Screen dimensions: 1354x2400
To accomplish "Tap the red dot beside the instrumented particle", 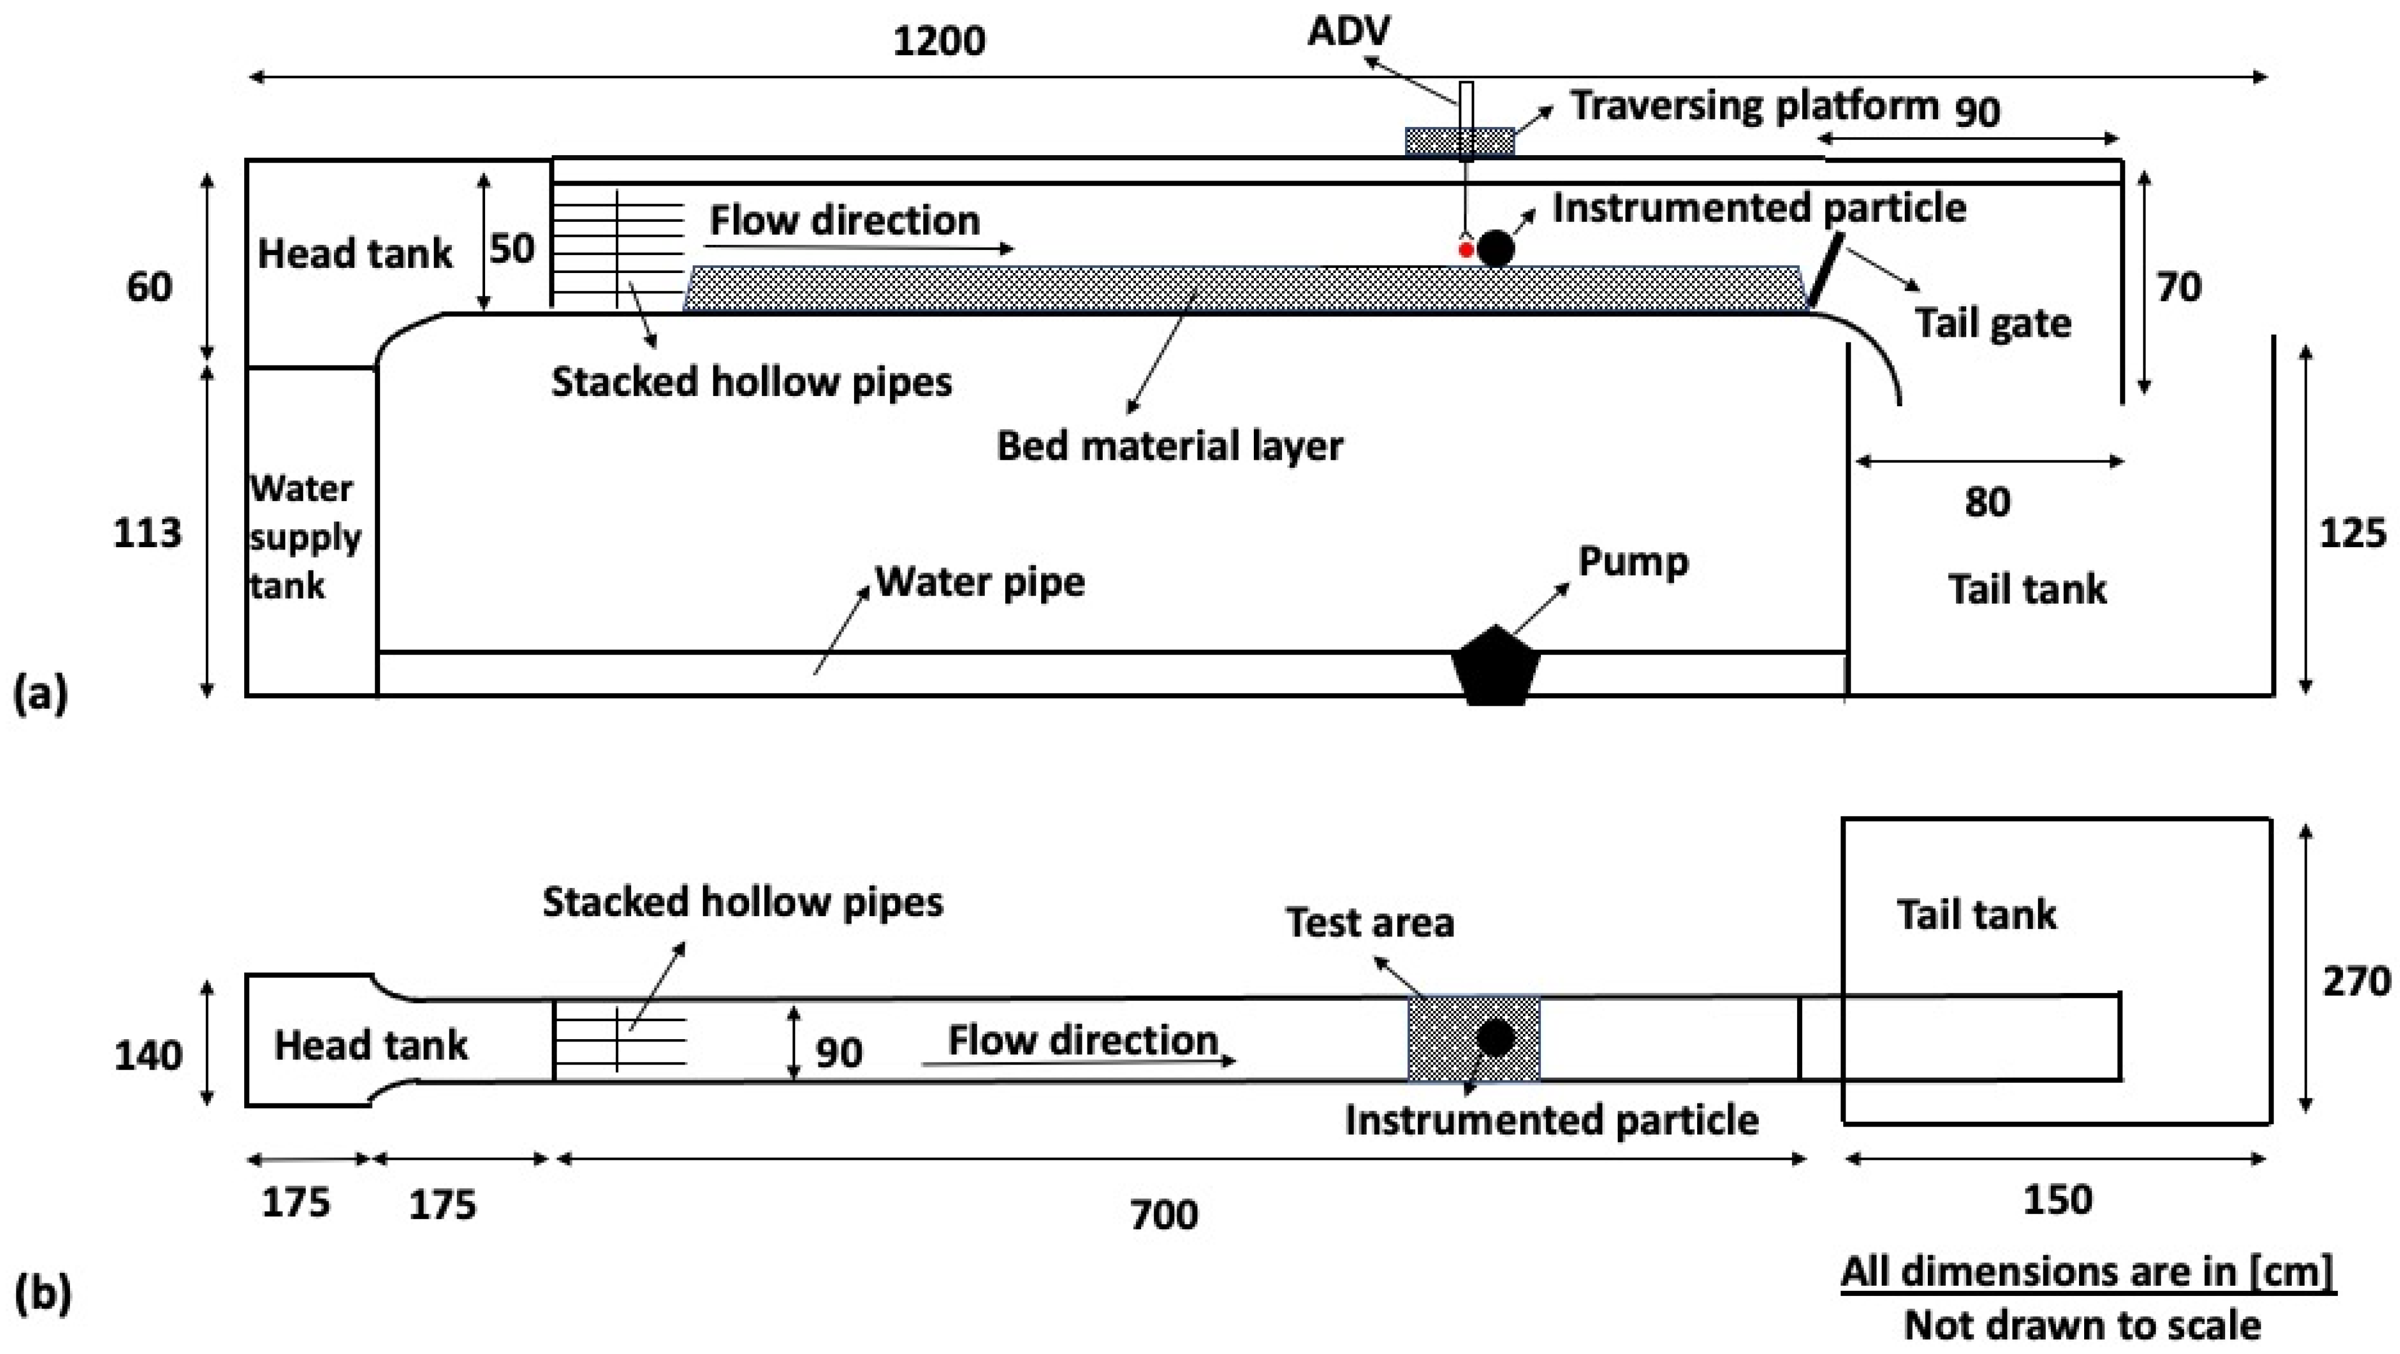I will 1465,250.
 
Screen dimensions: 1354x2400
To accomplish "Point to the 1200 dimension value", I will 939,42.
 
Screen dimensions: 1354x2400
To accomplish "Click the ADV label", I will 1348,32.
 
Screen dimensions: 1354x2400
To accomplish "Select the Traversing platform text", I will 1754,106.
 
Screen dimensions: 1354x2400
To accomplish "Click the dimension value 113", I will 147,533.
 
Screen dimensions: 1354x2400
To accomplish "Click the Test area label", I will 1369,922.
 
